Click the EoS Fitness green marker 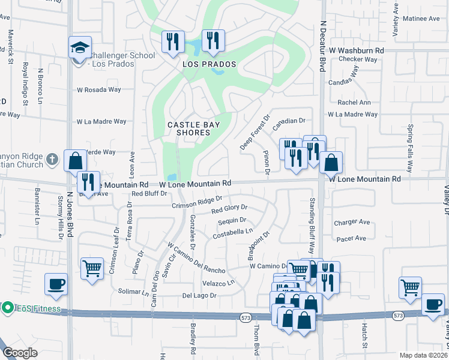tap(8, 308)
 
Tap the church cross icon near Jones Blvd tap(53, 160)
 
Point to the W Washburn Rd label tap(355, 51)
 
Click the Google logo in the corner tap(20, 352)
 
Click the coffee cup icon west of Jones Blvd tap(56, 284)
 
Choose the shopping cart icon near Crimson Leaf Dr tap(91, 267)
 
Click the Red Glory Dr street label tap(229, 209)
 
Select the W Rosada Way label tap(99, 90)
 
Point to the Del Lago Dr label tap(199, 296)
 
